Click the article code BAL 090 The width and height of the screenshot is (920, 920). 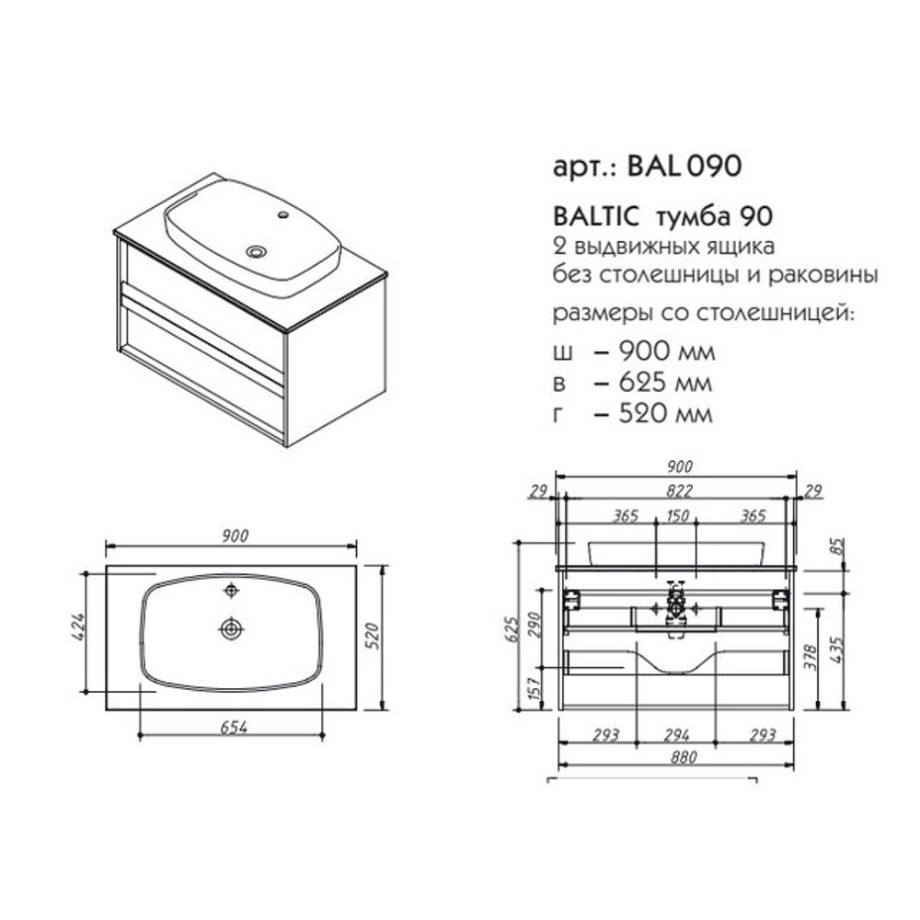click(684, 166)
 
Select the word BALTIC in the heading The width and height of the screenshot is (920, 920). click(595, 217)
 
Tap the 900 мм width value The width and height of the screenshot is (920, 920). click(667, 351)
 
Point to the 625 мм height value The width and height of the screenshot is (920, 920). click(666, 383)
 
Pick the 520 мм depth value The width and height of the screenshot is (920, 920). click(666, 414)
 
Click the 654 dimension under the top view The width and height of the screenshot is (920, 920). click(234, 727)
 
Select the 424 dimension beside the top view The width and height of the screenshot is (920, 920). click(78, 626)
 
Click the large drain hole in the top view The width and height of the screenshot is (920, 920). click(232, 629)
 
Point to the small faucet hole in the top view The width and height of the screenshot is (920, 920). click(232, 591)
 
